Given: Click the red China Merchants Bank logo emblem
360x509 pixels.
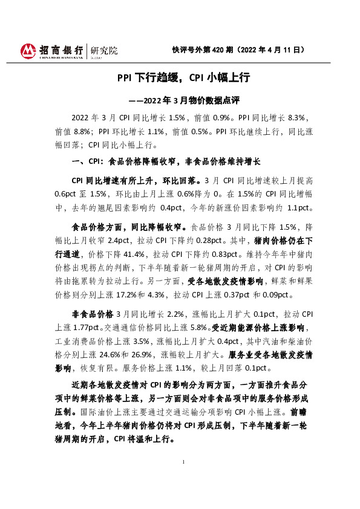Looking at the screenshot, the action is coord(28,51).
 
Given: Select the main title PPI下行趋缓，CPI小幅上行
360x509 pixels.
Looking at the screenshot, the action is coord(183,77).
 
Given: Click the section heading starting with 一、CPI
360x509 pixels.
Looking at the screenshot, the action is coord(166,162).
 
